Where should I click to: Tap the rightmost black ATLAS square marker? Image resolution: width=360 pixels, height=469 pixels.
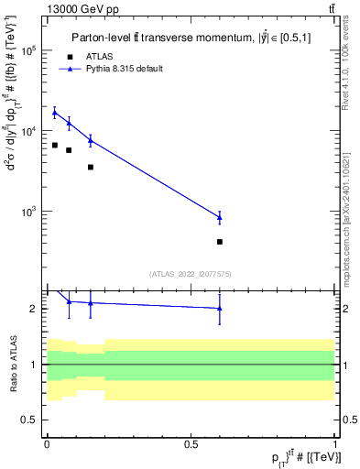[x=219, y=242]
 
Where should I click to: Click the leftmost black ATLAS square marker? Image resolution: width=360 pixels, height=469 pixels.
[x=55, y=146]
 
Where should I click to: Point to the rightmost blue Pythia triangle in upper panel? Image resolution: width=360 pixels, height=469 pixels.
[x=219, y=217]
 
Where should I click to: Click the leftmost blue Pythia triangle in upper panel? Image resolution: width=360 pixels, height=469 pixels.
[x=55, y=112]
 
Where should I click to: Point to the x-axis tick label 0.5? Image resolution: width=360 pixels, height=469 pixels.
[x=191, y=443]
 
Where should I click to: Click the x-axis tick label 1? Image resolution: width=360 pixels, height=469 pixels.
[x=334, y=443]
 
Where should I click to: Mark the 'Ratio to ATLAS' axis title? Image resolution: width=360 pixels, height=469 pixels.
[x=12, y=365]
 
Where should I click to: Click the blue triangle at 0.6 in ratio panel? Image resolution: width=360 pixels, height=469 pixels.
[x=219, y=309]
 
